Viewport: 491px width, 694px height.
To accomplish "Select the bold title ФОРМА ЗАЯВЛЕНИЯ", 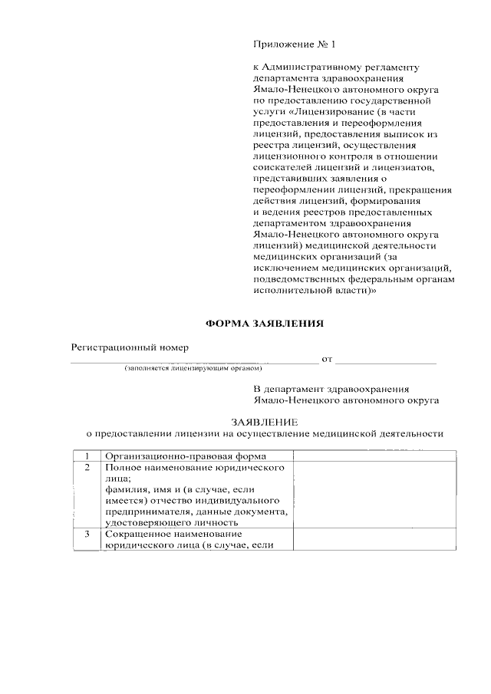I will click(264, 324).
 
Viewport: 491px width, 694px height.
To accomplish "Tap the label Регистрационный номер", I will click(130, 347).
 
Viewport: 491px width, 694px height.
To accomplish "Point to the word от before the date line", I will click(327, 359).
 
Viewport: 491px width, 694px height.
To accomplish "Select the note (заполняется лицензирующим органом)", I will click(188, 369).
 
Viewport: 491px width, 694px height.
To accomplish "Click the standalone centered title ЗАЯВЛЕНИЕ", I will click(264, 422).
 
